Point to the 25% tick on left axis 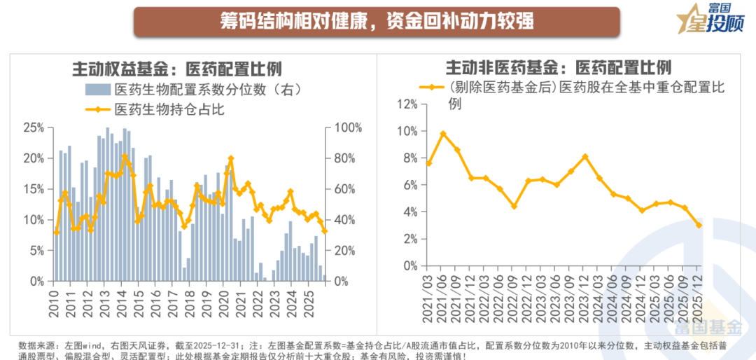point(34,127)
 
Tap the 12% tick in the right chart point(407,104)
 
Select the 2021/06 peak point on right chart point(443,133)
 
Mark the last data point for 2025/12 point(699,225)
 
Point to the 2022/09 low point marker point(514,207)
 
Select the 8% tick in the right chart point(409,158)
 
